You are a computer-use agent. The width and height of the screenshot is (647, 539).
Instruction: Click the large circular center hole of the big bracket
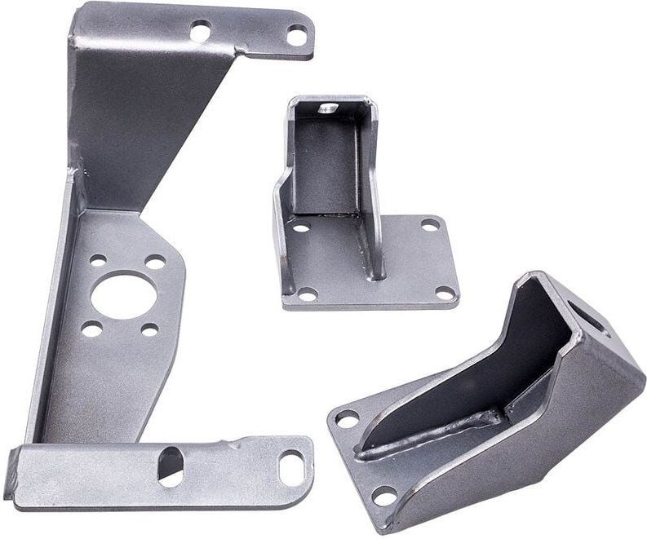coord(124,295)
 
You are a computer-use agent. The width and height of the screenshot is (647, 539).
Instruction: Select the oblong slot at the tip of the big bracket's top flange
coord(297,36)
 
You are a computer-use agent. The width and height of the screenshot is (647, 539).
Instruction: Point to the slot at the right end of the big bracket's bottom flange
coord(291,469)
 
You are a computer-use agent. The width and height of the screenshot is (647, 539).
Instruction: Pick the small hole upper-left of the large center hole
coord(98,261)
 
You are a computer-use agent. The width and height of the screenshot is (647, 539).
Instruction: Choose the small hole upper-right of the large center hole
coord(154,263)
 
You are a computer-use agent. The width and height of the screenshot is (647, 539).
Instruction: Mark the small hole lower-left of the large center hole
coord(91,329)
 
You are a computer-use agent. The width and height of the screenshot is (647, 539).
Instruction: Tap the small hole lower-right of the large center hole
coord(149,329)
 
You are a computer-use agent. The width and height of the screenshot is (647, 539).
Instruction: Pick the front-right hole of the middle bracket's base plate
coord(444,291)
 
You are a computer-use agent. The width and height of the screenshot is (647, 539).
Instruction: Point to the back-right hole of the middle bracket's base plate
coord(429,224)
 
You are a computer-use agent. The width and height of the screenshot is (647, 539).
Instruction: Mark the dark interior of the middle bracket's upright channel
coord(326,163)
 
